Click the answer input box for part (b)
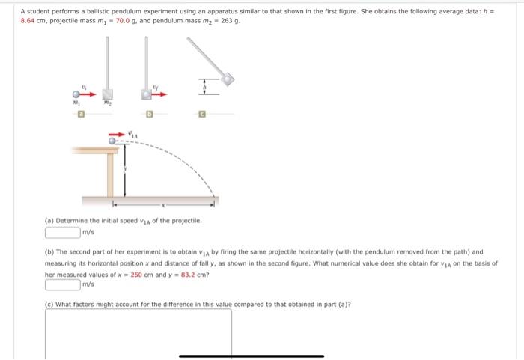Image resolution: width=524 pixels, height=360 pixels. pyautogui.click(x=64, y=284)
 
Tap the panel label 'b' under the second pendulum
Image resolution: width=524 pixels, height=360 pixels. pyautogui.click(x=149, y=115)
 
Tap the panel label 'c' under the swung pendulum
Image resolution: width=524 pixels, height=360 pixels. pyautogui.click(x=201, y=115)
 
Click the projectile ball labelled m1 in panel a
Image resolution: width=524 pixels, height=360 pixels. pyautogui.click(x=76, y=95)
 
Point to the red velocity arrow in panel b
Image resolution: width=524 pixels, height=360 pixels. pyautogui.click(x=158, y=94)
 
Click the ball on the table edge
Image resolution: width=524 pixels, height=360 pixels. pyautogui.click(x=113, y=140)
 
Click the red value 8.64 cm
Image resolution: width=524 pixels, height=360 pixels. pyautogui.click(x=34, y=22)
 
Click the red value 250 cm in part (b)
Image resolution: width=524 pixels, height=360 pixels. pyautogui.click(x=142, y=275)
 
